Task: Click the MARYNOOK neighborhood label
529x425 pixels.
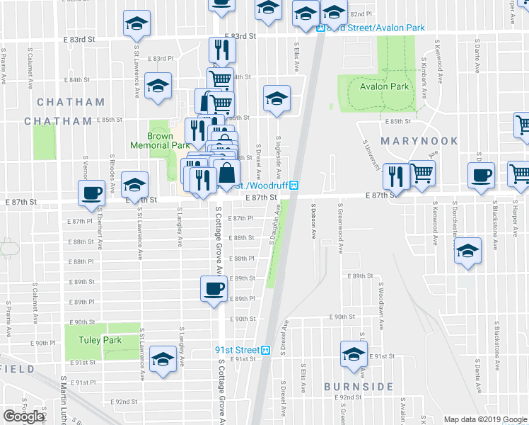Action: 414,141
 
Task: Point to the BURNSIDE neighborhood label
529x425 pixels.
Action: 359,387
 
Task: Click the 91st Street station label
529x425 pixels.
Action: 238,350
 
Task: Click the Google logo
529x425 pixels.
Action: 23,416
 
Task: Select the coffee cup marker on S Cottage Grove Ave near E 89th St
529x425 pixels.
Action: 214,289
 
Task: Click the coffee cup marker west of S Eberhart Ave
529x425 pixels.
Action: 91,192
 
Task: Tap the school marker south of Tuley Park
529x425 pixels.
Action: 163,359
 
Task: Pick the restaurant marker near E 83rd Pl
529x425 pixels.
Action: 221,50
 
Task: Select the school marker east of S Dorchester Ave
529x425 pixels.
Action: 467,251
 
